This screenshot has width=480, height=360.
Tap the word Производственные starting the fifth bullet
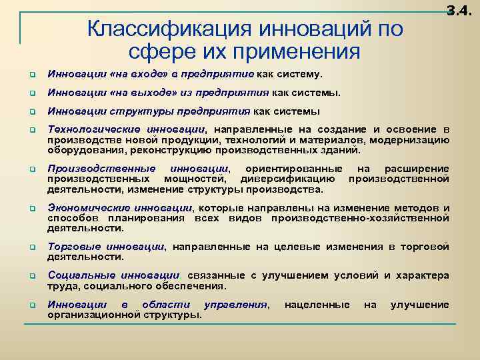[x=101, y=169]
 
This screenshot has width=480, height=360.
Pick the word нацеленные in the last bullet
[x=317, y=305]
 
